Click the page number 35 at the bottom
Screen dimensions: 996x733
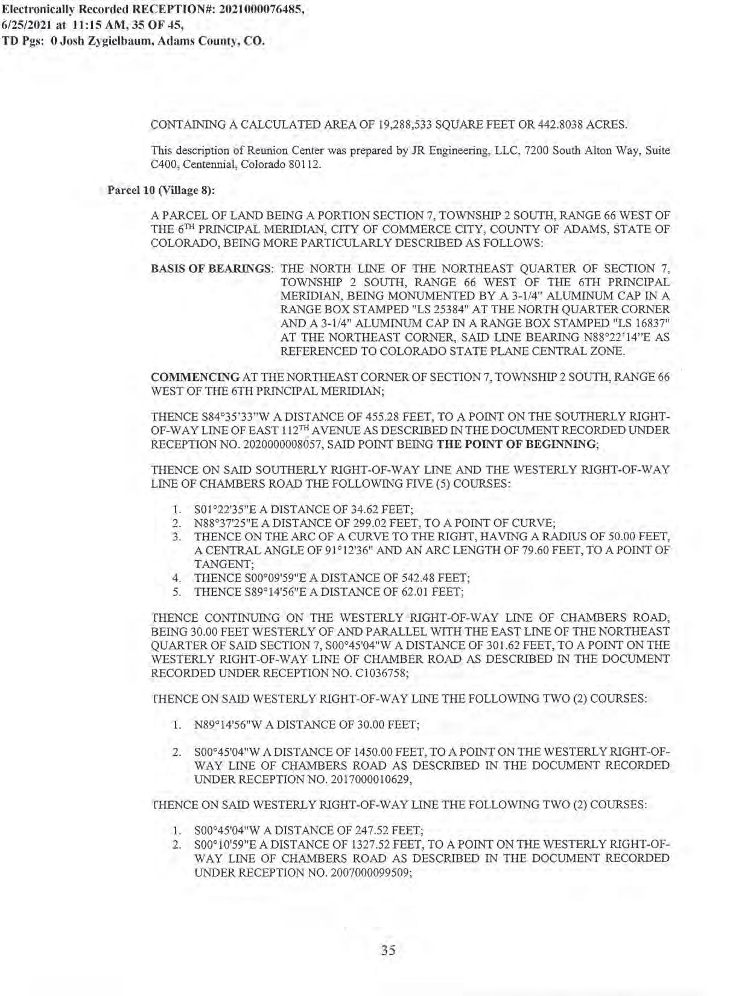click(388, 951)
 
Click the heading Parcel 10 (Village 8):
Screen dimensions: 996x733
click(161, 190)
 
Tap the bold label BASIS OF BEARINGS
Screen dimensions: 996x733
click(212, 269)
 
